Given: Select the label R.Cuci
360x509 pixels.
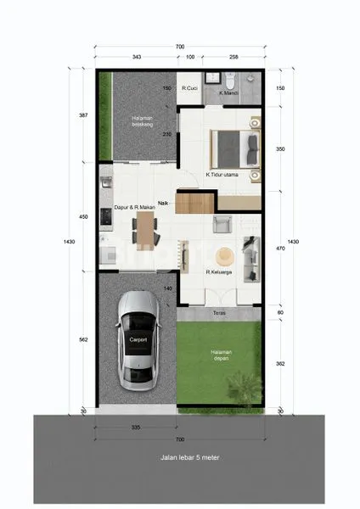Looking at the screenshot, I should [190, 87].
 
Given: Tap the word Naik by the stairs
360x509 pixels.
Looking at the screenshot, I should [162, 202].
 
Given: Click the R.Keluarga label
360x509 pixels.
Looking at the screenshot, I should [219, 272].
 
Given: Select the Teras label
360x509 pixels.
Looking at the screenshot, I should [218, 312].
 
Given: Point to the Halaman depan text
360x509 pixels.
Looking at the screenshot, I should [223, 355].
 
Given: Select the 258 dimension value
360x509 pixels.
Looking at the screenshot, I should [233, 57].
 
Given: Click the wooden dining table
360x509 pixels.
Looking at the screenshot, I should [146, 227].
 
